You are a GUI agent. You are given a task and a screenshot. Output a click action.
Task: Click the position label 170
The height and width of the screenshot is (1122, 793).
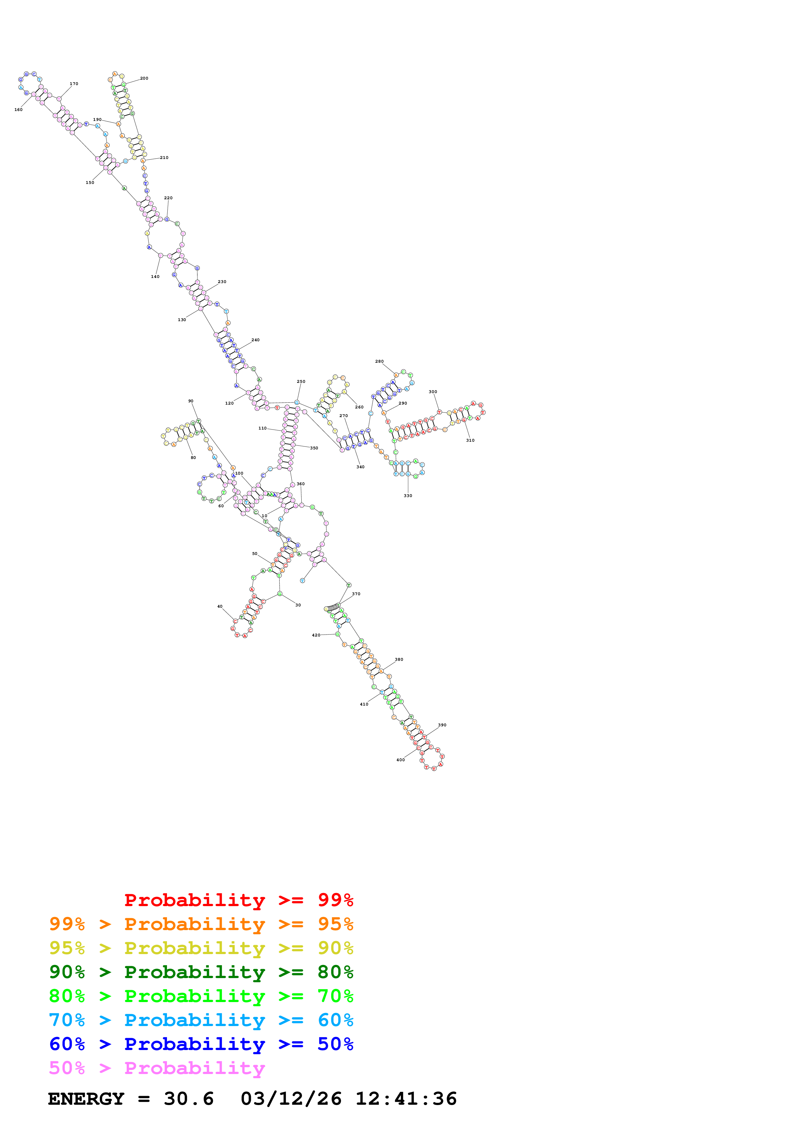tap(74, 83)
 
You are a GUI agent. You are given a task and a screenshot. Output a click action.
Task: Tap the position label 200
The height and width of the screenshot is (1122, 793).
tap(144, 78)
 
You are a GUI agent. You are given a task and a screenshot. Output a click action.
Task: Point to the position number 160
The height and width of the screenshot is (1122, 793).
tap(19, 109)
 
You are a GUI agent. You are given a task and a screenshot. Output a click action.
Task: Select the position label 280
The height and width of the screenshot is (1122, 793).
tap(379, 361)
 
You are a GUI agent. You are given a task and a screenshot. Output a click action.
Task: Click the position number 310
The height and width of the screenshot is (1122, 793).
tap(470, 440)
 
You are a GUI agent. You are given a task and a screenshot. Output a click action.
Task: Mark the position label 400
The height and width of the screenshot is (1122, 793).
tap(400, 760)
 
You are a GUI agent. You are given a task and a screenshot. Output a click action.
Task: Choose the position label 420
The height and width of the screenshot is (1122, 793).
tap(316, 635)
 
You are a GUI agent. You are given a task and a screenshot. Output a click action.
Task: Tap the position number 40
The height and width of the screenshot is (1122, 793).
tap(220, 606)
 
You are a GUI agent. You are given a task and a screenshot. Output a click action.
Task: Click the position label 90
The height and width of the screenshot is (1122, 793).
tap(191, 401)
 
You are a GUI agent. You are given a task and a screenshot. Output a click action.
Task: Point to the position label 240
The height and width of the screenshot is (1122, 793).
tap(256, 340)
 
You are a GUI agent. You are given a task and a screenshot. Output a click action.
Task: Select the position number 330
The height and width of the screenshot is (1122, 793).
tap(408, 495)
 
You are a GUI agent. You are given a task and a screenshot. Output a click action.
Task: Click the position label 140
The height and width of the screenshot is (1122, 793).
tap(155, 277)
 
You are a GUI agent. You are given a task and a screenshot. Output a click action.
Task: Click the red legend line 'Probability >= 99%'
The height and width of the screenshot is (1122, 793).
tap(238, 900)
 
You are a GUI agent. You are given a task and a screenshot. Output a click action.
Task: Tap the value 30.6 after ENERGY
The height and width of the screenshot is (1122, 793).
tap(189, 1099)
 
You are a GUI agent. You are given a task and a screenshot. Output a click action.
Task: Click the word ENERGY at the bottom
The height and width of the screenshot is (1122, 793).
tap(86, 1099)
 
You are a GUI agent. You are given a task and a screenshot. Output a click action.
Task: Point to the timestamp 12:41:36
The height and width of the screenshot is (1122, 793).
tap(406, 1099)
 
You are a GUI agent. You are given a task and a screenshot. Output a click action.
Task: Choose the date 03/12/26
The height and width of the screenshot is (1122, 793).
tap(291, 1099)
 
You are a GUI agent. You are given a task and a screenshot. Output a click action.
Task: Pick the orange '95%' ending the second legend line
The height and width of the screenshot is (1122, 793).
tap(335, 924)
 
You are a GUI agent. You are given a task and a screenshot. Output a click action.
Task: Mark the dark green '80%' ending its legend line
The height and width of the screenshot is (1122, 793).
tap(335, 972)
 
